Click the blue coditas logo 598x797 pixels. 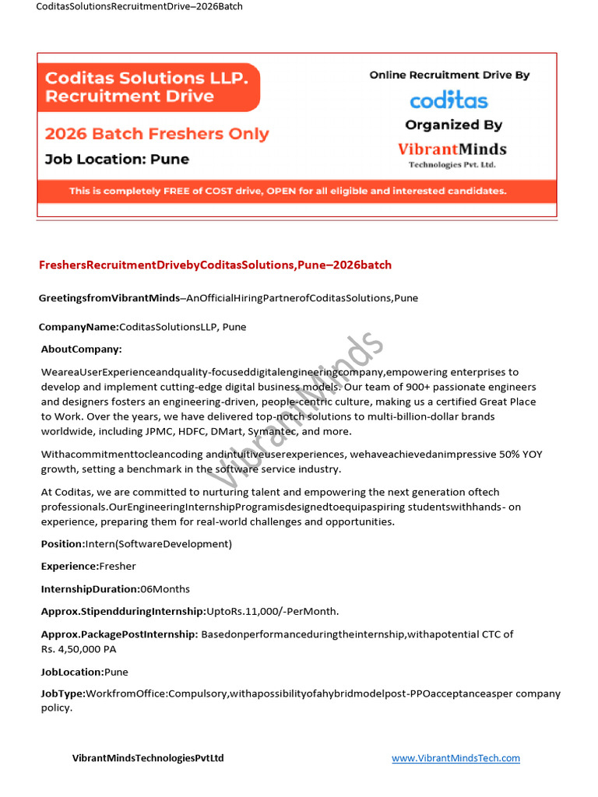point(448,101)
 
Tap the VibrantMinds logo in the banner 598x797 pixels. point(452,153)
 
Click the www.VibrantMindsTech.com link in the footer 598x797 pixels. point(456,758)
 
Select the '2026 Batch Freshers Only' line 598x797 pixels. point(157,134)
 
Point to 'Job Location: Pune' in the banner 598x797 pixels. point(117,160)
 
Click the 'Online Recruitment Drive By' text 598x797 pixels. point(449,75)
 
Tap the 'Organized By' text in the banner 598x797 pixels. point(453,125)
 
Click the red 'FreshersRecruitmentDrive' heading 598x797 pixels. point(215,265)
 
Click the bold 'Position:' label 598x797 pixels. point(63,544)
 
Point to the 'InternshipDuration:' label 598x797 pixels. point(90,589)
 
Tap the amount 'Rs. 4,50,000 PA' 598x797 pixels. point(79,649)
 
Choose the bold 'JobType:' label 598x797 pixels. point(63,693)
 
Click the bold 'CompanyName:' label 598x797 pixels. point(79,327)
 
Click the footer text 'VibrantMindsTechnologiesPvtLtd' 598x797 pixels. point(148,758)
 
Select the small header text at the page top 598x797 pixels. point(139,7)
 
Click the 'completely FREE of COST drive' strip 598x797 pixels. point(288,191)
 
